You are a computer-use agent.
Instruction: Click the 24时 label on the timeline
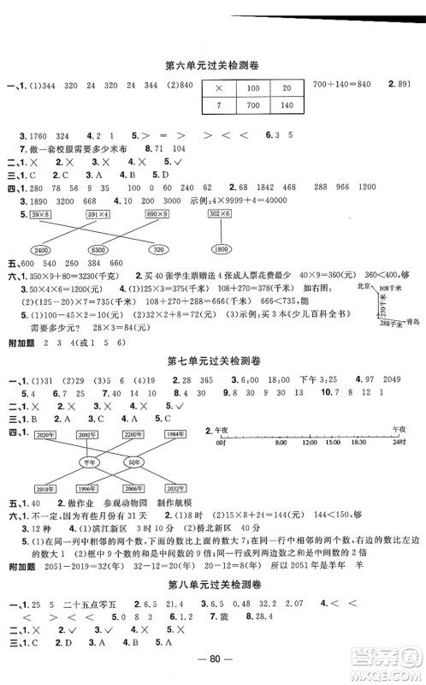(396, 444)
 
